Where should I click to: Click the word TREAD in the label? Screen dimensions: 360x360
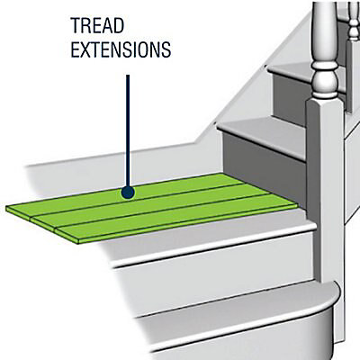(97, 26)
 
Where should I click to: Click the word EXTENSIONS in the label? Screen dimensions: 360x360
(121, 49)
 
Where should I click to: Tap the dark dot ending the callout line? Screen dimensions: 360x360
(128, 192)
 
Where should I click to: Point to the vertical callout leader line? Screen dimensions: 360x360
(128, 130)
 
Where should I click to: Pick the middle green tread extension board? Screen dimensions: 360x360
(150, 204)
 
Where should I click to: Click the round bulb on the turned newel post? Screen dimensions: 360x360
(325, 78)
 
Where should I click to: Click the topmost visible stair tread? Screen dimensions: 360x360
(300, 74)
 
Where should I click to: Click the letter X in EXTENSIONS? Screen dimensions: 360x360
(85, 49)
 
